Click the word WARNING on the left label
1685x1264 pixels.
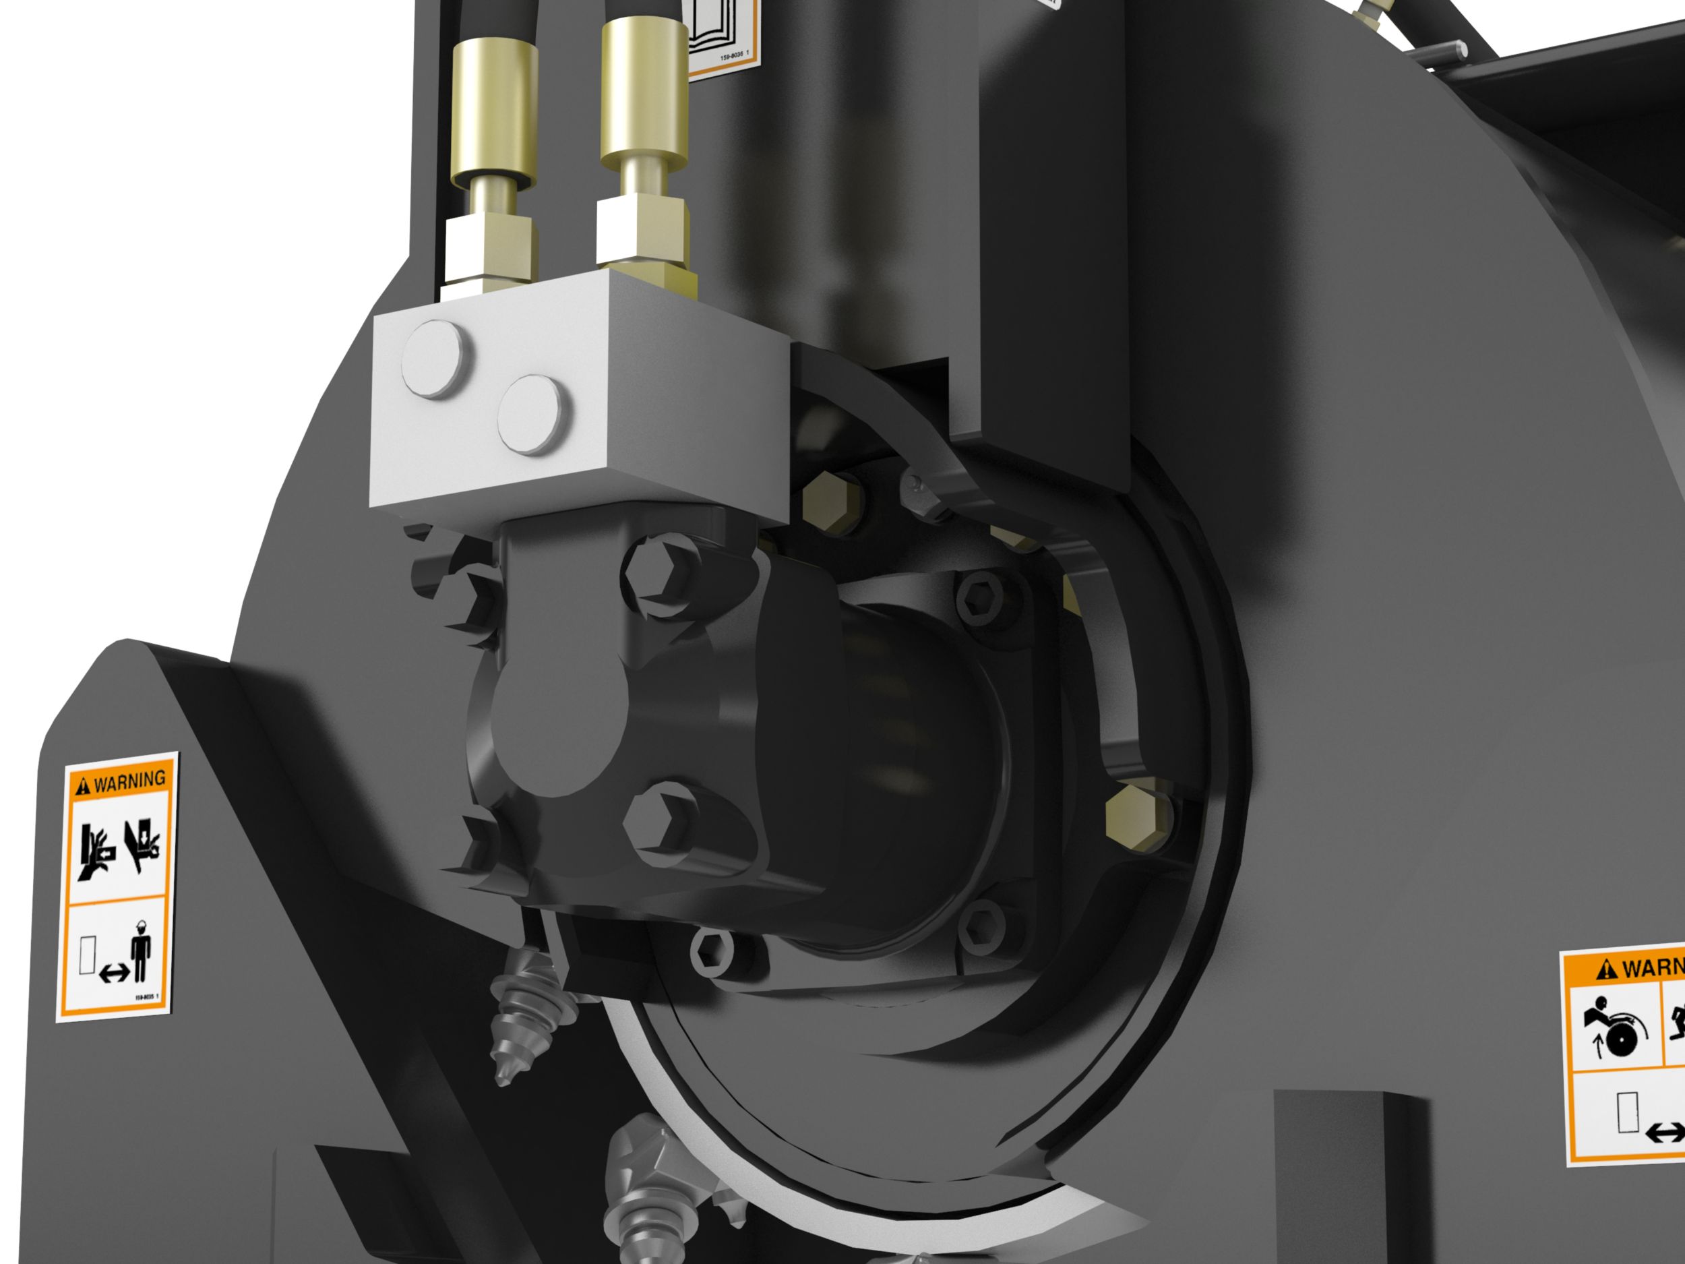[129, 779]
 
